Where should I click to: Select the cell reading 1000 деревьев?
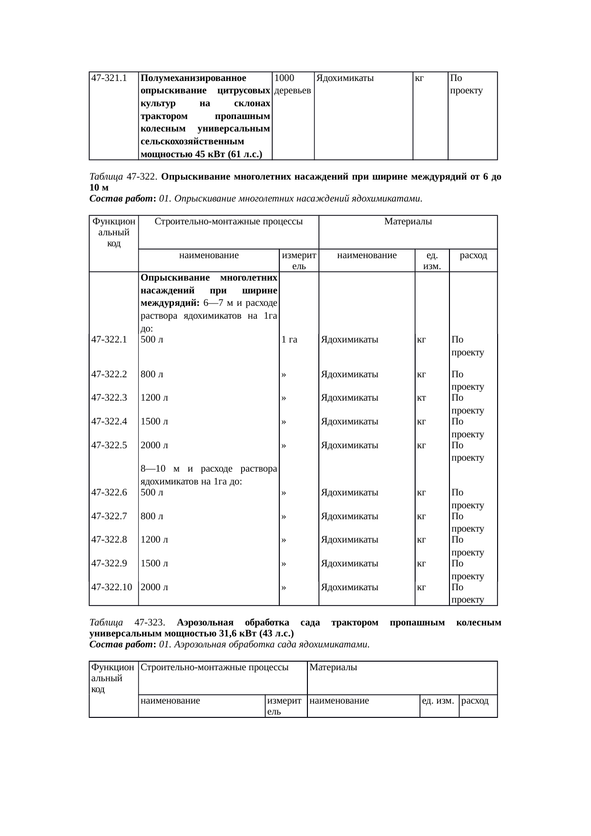pyautogui.click(x=293, y=84)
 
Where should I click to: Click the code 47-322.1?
pyautogui.click(x=109, y=340)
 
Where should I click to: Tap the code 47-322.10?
pyautogui.click(x=112, y=587)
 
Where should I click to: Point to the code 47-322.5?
pyautogui.click(x=109, y=446)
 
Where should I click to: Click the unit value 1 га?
pyautogui.click(x=289, y=340)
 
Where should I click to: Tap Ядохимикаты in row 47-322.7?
pyautogui.click(x=350, y=516)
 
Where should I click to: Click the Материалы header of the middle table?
pyautogui.click(x=408, y=222)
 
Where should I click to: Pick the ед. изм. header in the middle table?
pyautogui.click(x=432, y=261)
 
